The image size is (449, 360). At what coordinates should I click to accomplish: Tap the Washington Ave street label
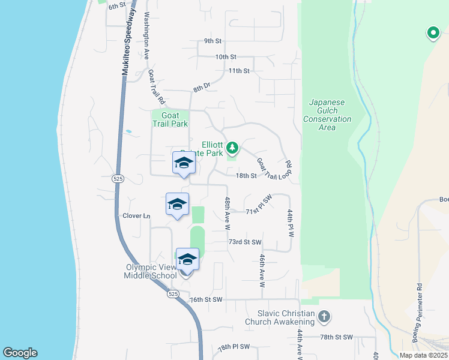[146, 37]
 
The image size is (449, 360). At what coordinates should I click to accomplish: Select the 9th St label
[212, 41]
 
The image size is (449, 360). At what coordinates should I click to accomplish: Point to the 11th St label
[238, 71]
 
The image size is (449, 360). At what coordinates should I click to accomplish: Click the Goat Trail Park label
[169, 120]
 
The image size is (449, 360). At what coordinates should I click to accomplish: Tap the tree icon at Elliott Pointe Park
[232, 148]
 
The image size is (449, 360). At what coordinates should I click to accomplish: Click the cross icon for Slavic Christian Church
[324, 316]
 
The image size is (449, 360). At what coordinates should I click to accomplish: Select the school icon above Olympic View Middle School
[187, 259]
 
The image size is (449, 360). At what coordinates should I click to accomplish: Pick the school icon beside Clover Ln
[177, 204]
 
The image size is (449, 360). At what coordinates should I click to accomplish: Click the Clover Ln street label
[136, 216]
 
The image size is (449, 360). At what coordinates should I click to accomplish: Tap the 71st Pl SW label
[259, 212]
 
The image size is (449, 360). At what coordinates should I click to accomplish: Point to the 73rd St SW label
[245, 242]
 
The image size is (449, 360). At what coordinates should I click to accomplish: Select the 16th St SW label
[206, 299]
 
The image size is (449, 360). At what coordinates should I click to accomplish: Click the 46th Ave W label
[262, 270]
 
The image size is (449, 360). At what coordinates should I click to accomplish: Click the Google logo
[20, 353]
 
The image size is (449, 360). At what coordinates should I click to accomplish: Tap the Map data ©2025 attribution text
[423, 355]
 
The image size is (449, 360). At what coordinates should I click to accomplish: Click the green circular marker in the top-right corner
[432, 34]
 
